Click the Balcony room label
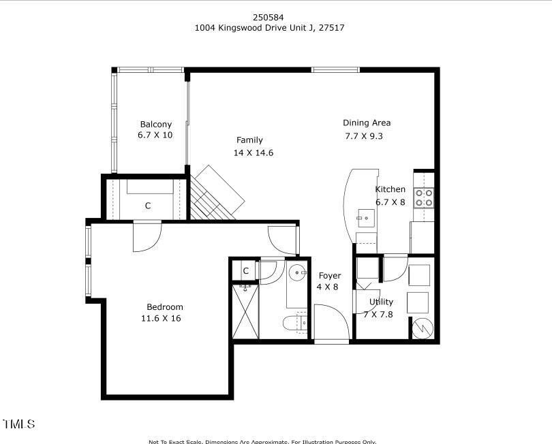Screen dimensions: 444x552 tap(155, 124)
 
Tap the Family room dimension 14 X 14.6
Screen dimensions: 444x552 tap(253, 153)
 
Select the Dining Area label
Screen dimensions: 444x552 tap(366, 123)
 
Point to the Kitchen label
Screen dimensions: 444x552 tap(390, 189)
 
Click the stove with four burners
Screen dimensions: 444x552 tap(424, 197)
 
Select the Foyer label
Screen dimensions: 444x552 tap(330, 275)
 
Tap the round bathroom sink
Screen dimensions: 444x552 tap(298, 273)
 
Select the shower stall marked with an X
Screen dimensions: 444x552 tap(245, 312)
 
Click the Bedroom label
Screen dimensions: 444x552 tap(165, 307)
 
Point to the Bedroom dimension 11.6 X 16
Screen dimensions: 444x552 tap(161, 318)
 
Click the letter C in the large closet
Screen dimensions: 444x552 tap(147, 205)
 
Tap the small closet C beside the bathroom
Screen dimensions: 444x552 tap(245, 271)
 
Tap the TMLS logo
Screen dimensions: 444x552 tap(19, 424)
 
